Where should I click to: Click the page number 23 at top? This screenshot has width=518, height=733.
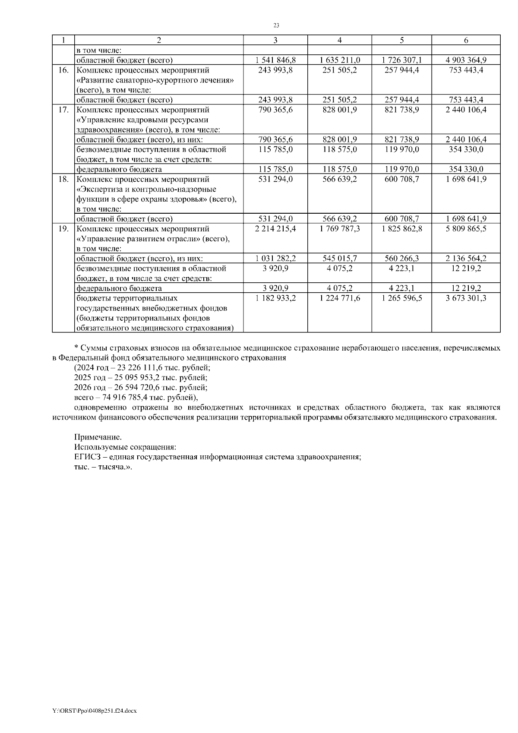click(276, 25)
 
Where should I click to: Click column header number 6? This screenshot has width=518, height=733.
click(466, 40)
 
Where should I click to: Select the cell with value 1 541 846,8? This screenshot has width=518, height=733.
click(275, 60)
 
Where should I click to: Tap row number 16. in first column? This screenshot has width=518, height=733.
click(63, 70)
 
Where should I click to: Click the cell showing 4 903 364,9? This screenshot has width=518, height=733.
click(466, 60)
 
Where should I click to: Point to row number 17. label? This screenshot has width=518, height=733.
click(63, 110)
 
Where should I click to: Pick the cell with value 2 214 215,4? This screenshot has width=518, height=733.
click(275, 229)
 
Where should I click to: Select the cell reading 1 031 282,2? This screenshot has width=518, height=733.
click(275, 259)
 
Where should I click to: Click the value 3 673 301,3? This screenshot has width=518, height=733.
click(466, 298)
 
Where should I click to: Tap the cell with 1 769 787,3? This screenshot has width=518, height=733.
click(340, 229)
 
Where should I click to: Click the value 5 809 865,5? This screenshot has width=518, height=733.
click(466, 229)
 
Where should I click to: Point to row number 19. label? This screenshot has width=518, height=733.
click(63, 229)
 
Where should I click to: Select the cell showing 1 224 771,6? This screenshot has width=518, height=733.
click(340, 298)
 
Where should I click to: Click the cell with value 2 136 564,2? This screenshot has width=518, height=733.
click(466, 259)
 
